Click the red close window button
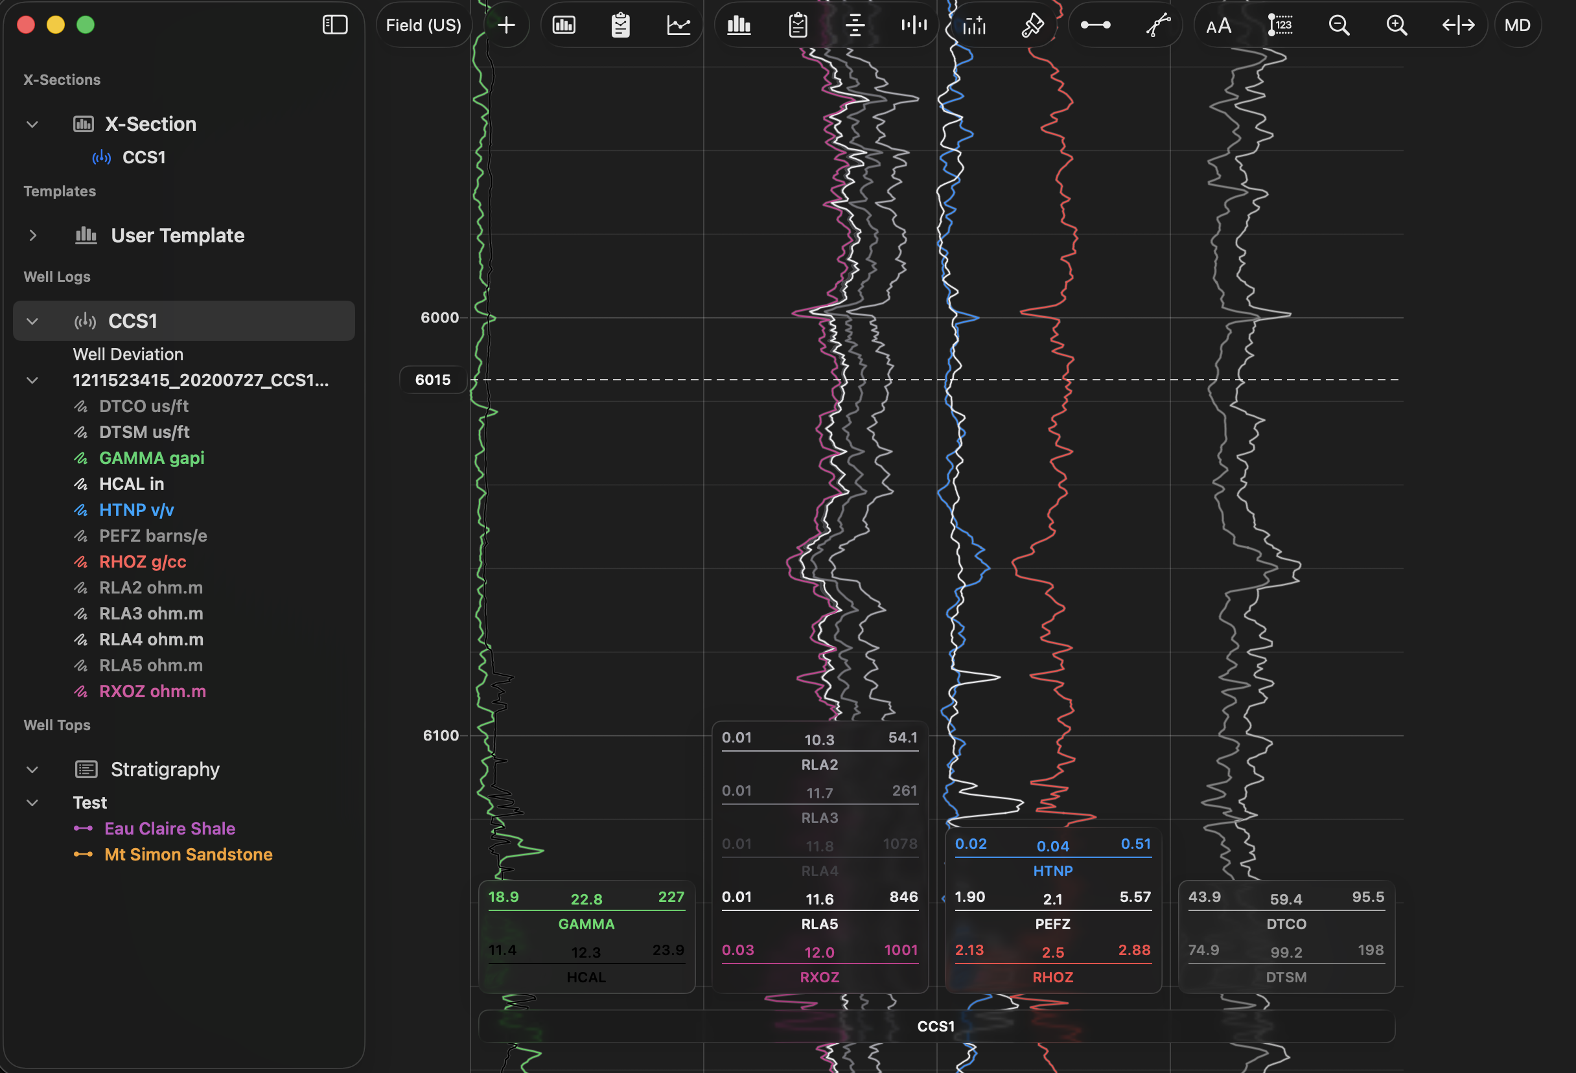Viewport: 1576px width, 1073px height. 26,25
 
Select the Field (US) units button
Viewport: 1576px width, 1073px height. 423,25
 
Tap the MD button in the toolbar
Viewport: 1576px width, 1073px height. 1517,25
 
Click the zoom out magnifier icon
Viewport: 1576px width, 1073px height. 1339,25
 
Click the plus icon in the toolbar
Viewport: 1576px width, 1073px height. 506,25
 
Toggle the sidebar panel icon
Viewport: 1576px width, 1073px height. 334,25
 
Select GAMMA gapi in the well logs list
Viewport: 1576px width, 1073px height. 151,458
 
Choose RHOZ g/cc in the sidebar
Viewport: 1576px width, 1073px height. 143,562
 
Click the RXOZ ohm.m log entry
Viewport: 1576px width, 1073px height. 152,691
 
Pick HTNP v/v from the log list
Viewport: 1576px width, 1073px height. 136,510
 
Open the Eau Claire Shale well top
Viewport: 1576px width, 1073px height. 170,828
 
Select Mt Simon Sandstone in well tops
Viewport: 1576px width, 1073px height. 188,855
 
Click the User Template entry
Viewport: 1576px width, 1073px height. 177,235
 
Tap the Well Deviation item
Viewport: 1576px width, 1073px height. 128,354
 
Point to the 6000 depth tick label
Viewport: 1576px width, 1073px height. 439,317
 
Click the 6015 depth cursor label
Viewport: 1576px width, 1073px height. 433,380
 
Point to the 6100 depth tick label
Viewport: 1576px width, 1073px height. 441,735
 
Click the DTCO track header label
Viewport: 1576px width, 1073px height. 1286,924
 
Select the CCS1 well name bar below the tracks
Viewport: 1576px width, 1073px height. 936,1026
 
